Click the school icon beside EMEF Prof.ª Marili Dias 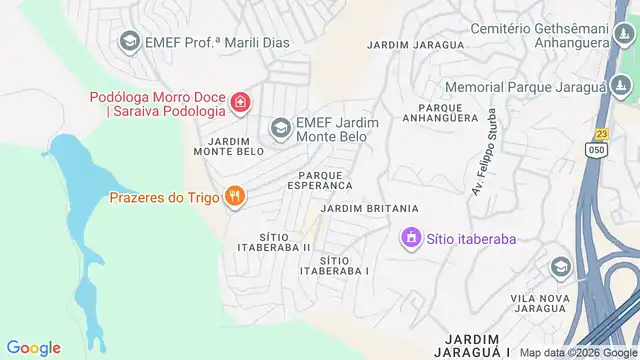point(129,42)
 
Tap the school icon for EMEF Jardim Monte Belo point(281,127)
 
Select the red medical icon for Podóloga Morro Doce point(240,103)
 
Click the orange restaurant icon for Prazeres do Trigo point(235,196)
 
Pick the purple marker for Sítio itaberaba point(410,239)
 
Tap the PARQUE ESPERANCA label point(320,179)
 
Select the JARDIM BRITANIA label point(369,208)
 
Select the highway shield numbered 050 point(595,150)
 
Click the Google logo point(34,348)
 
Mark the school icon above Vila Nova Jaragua point(561,267)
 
